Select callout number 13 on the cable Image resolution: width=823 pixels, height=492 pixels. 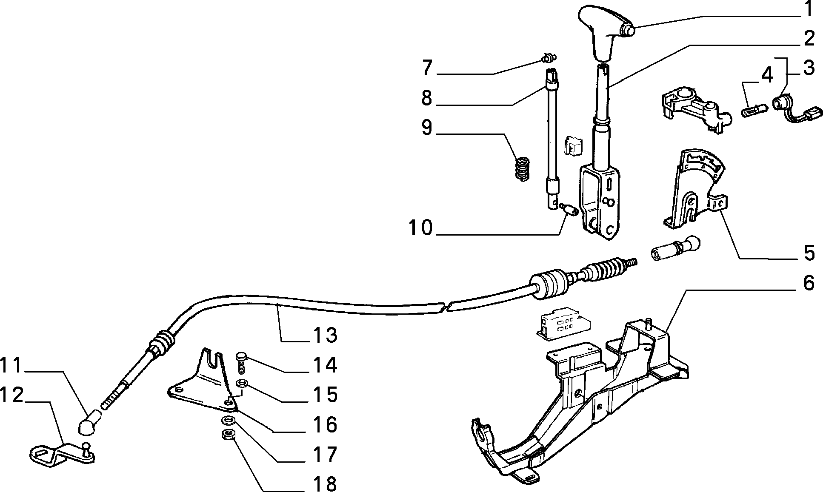pyautogui.click(x=325, y=335)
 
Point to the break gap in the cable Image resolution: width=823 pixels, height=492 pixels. pyautogui.click(x=446, y=307)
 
